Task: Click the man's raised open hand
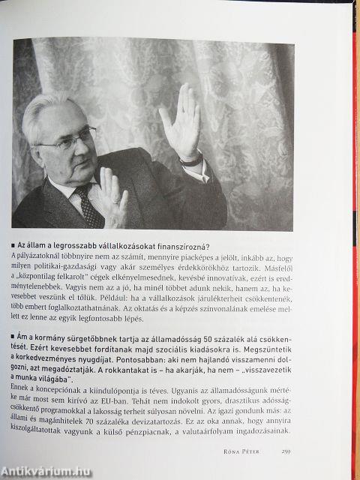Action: click(x=180, y=124)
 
